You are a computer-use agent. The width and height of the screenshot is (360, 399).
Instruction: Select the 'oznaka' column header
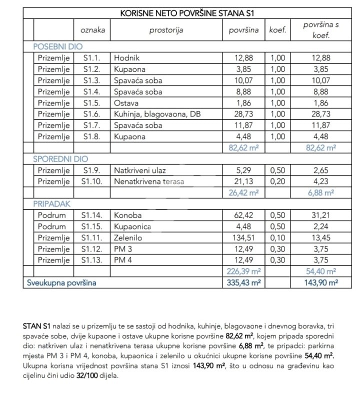pyautogui.click(x=93, y=30)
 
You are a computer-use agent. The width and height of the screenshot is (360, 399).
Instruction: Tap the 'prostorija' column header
pyautogui.click(x=166, y=30)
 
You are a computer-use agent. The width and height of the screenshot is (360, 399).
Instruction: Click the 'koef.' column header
pyautogui.click(x=277, y=30)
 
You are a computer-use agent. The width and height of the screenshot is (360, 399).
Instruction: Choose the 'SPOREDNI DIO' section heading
pyautogui.click(x=60, y=159)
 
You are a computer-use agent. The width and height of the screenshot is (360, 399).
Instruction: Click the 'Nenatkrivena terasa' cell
pyautogui.click(x=148, y=181)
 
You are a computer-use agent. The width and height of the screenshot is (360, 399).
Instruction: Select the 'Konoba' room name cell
pyautogui.click(x=127, y=215)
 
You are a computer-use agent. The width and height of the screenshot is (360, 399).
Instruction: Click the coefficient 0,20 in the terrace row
pyautogui.click(x=277, y=181)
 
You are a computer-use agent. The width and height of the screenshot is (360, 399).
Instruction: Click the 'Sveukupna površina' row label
pyautogui.click(x=61, y=282)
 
